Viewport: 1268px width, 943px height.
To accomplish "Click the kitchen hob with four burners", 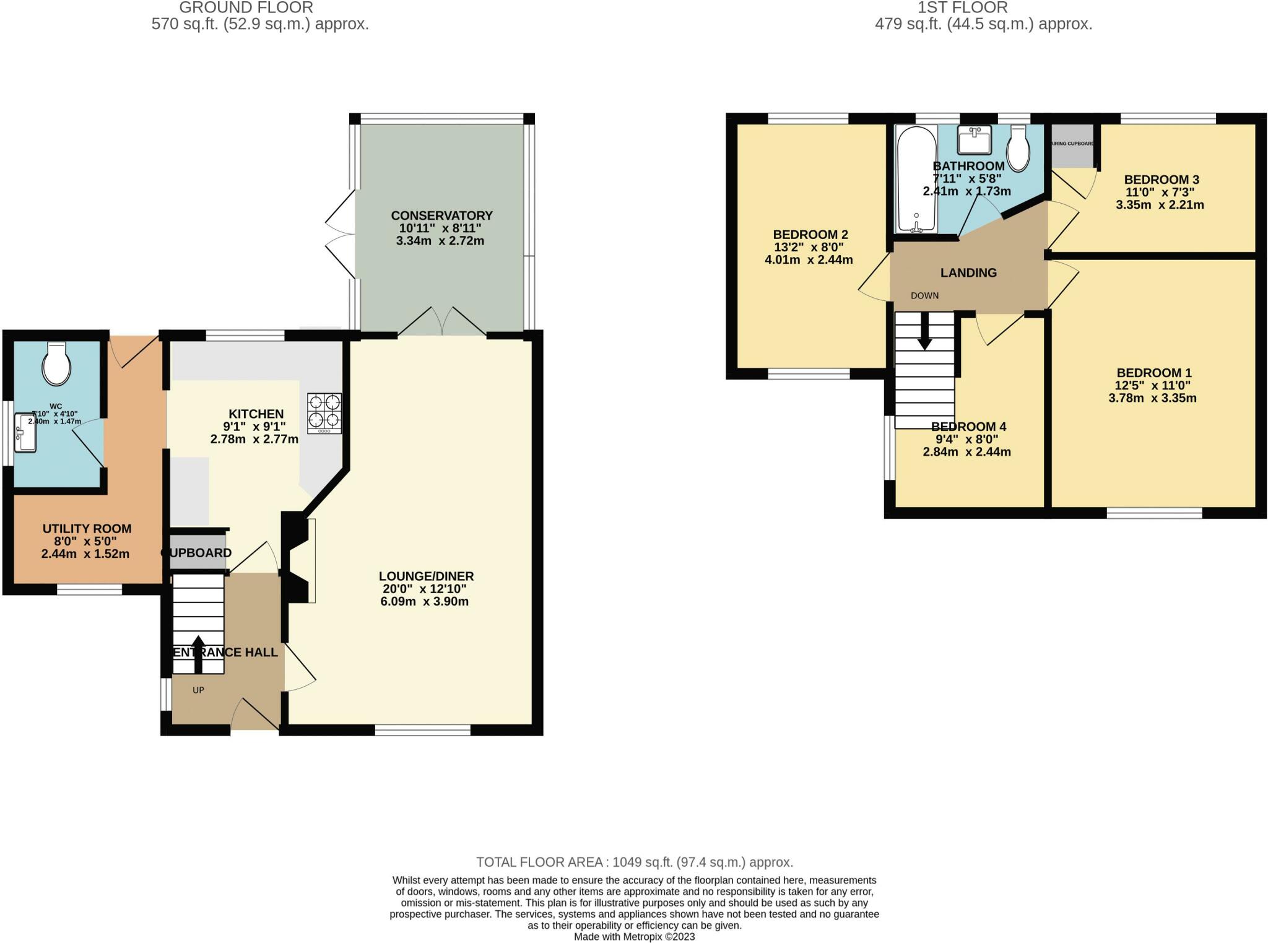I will click(x=324, y=413).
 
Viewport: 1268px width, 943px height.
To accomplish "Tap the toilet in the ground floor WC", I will click(x=56, y=364).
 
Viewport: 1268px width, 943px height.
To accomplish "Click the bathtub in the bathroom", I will click(x=917, y=180).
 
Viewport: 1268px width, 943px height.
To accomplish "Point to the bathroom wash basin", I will click(x=974, y=139).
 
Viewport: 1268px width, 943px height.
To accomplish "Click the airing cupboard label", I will click(x=1072, y=144).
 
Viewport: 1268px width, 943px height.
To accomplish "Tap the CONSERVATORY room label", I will click(x=441, y=215).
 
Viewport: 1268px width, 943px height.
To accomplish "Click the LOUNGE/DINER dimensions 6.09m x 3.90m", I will click(x=424, y=601).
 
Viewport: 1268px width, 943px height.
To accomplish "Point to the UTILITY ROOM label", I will click(x=87, y=529).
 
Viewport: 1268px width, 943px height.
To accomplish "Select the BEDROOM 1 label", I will click(x=1153, y=373).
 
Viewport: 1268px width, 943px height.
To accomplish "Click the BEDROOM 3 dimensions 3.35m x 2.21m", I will click(x=1160, y=205).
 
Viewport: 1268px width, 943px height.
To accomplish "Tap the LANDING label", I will click(x=968, y=272).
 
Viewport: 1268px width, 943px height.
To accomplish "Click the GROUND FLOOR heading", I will click(x=246, y=8).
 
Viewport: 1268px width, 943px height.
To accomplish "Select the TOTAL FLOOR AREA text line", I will click(x=634, y=862).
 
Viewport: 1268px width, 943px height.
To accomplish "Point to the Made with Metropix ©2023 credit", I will click(x=634, y=937).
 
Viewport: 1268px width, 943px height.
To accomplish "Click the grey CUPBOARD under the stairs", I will click(x=197, y=553).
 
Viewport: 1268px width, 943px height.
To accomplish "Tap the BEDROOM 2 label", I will click(x=810, y=235).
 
